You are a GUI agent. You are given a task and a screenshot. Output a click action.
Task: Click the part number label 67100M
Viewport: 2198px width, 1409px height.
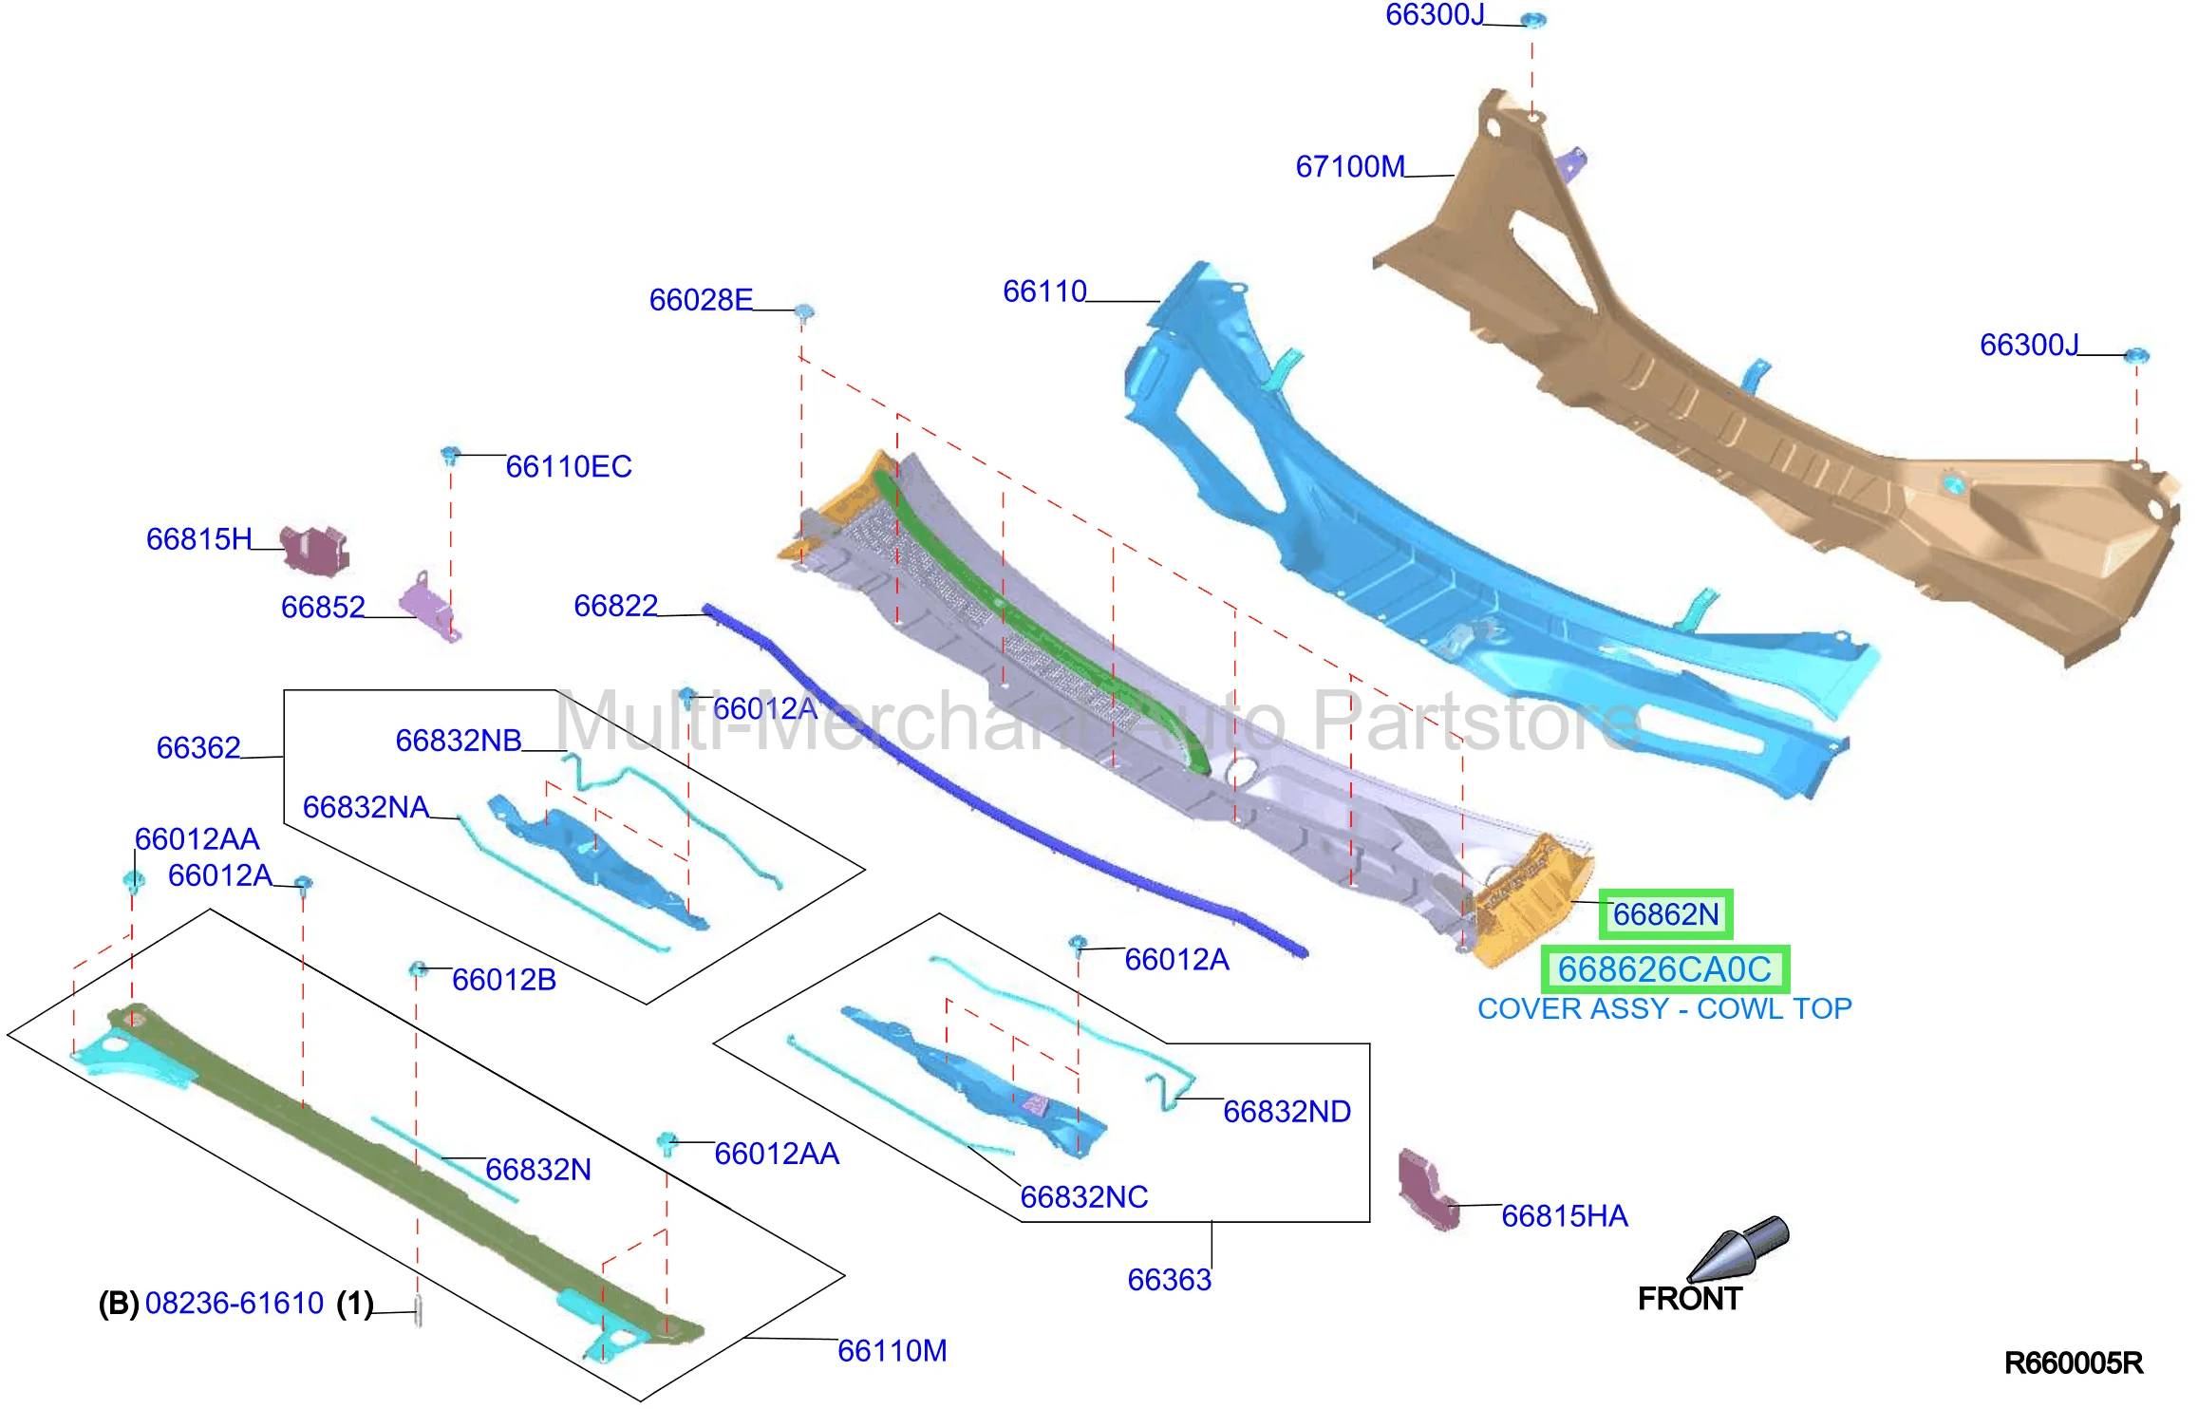click(1350, 167)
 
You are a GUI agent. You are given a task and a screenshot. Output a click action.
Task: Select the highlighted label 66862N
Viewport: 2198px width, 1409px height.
click(1665, 914)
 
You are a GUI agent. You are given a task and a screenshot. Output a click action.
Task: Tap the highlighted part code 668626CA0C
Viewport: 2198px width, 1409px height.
click(1664, 969)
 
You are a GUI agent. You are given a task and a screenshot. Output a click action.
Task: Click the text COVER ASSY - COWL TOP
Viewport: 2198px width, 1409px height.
click(1664, 1008)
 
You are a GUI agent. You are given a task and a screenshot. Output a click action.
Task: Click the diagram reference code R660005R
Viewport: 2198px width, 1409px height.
click(2074, 1363)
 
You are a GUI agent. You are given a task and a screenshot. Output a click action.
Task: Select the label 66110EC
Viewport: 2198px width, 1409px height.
click(569, 467)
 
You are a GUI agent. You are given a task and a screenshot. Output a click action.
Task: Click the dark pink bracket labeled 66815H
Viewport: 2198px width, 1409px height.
click(315, 550)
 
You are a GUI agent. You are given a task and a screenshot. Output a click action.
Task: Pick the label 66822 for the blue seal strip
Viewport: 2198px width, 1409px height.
click(615, 606)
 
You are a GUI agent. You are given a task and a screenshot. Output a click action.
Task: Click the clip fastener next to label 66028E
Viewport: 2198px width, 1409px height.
click(803, 312)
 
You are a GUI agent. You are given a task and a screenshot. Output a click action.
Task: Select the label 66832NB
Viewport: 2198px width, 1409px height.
click(459, 741)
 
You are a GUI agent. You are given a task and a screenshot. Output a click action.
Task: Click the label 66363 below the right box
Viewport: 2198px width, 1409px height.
click(1170, 1280)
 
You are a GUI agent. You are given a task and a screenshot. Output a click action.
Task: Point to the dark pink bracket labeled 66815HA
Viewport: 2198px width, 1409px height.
click(1427, 1190)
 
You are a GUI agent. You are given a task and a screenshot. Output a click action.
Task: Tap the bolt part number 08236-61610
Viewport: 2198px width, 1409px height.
click(235, 1304)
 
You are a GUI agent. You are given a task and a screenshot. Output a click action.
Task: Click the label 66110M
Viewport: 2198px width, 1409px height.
click(892, 1351)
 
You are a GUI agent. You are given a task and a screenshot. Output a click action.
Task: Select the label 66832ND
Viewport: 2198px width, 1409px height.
click(1287, 1112)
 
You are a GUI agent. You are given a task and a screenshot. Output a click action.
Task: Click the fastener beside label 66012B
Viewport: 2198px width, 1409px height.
click(417, 969)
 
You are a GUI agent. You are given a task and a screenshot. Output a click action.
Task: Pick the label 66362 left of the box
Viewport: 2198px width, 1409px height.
click(198, 748)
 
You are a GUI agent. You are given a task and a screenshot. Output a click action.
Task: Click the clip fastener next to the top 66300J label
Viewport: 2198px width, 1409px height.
click(1533, 20)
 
